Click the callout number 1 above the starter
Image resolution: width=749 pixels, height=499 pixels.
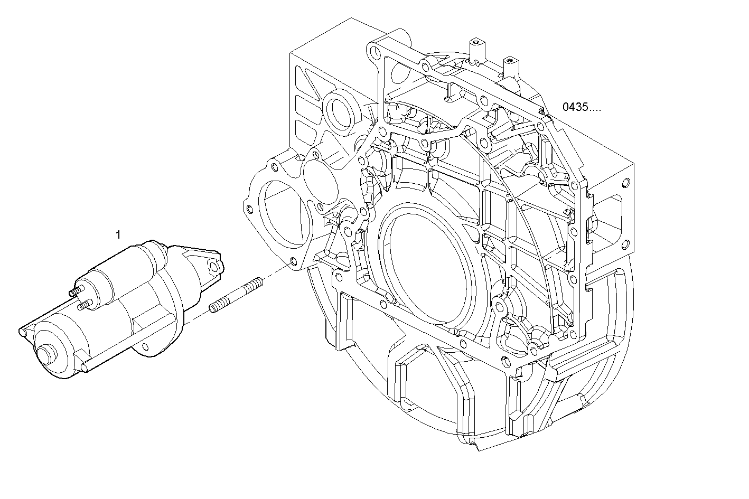tap(118, 233)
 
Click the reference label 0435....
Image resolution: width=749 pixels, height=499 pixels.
tap(581, 107)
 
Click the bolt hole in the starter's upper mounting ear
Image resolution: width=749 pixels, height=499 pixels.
tap(213, 265)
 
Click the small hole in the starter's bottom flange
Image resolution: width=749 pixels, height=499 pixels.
tap(143, 346)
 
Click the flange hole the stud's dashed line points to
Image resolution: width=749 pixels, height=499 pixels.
tap(294, 261)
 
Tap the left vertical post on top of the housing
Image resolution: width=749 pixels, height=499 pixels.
tap(476, 51)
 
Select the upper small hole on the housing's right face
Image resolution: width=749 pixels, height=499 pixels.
tap(626, 183)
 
